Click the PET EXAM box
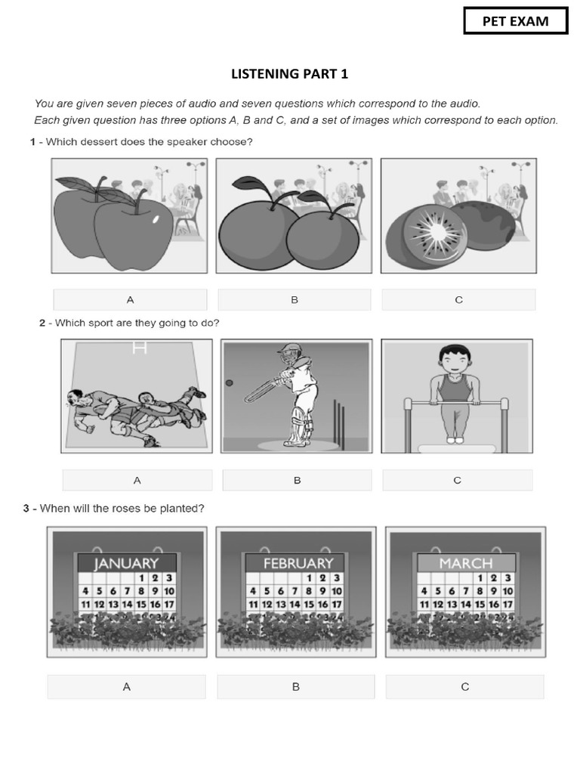515,21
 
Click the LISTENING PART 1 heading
290,74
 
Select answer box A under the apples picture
131,300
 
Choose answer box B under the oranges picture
295,300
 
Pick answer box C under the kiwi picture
458,300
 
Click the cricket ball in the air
229,383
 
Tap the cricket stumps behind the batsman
338,423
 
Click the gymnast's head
452,359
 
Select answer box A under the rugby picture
137,480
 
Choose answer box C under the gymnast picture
457,480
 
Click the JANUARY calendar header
127,563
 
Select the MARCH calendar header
466,563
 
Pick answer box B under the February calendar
296,686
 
